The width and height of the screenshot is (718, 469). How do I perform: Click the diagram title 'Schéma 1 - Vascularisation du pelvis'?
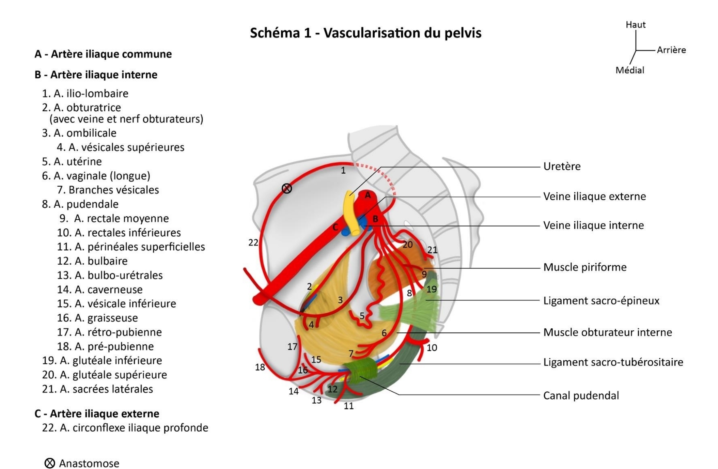365,33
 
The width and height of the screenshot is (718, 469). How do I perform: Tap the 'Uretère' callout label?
562,166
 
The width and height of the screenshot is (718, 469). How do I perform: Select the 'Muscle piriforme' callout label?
584,267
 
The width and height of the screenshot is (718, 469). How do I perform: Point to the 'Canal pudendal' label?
581,395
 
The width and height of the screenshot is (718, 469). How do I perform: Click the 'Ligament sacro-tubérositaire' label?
613,362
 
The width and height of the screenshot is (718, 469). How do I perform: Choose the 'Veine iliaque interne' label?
593,225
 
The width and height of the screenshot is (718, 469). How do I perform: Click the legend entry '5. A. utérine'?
72,161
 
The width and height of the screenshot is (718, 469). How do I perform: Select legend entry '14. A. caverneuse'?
99,290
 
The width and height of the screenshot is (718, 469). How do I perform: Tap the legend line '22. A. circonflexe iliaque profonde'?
125,428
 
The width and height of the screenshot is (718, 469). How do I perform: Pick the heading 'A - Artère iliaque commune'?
103,54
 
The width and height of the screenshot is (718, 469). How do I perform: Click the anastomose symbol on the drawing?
287,188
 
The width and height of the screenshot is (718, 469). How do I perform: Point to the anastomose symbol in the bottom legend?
50,463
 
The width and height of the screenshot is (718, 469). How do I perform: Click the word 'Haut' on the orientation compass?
635,25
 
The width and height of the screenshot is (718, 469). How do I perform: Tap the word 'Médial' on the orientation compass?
629,70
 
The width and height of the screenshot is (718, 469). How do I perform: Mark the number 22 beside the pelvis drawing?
253,243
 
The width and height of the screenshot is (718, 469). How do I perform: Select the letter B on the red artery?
375,219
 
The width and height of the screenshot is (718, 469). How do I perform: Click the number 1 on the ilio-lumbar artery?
343,170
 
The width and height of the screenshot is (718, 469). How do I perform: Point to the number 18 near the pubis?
260,367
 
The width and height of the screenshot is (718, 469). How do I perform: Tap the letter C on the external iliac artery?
335,228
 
